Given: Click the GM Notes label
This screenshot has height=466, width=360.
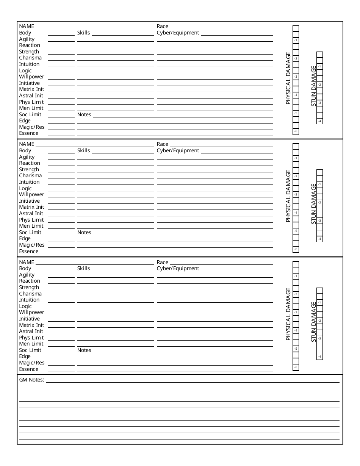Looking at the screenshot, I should tap(31, 380).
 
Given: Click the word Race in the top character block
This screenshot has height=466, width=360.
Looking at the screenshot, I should tap(162, 27).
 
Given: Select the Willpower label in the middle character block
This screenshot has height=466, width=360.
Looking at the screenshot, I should tap(31, 194).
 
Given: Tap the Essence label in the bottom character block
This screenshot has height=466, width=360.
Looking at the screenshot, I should tap(29, 369).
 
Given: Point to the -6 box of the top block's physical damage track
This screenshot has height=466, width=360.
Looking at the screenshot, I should tap(296, 131).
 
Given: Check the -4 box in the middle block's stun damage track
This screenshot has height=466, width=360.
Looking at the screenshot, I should tap(320, 239).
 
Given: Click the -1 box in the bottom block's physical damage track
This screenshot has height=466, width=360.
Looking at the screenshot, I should tap(296, 276).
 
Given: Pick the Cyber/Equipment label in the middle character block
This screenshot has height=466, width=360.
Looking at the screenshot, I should tap(178, 150).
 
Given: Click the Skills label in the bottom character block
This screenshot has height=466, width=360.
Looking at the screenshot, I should tap(83, 268).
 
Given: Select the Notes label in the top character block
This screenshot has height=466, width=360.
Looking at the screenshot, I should tap(84, 114).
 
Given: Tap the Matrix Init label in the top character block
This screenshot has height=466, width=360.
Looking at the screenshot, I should tap(31, 89).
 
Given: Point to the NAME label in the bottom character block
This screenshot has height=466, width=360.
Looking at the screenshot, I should tap(27, 262).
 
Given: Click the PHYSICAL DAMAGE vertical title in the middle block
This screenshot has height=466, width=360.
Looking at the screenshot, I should tap(288, 196).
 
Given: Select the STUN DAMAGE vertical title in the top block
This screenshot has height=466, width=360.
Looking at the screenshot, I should tap(314, 86).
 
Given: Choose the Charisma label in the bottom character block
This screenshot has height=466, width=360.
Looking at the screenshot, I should tap(30, 294).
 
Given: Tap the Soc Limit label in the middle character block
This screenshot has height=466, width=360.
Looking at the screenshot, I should tap(30, 232).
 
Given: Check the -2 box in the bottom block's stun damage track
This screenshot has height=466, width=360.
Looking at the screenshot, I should tap(320, 321).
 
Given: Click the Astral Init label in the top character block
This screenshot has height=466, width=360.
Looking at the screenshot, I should tap(31, 95).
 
